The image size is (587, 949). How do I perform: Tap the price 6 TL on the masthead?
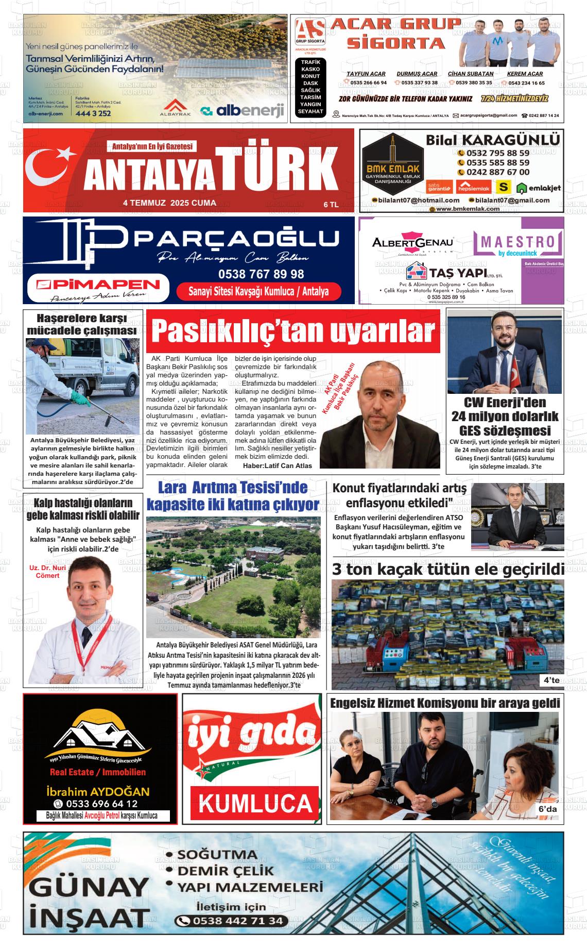(x=331, y=205)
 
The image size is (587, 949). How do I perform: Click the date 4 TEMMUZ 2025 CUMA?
(x=169, y=203)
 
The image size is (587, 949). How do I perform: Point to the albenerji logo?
(x=243, y=110)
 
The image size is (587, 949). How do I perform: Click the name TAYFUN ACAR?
(x=366, y=74)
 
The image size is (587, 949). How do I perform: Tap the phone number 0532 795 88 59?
(x=497, y=153)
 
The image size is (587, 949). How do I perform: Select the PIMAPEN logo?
(x=98, y=285)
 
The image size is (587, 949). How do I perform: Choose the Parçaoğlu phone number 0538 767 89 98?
(x=261, y=274)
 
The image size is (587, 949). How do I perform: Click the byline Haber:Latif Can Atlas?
(x=277, y=465)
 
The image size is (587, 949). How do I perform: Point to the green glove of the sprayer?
(x=78, y=397)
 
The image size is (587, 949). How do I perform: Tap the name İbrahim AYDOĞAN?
(x=98, y=791)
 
